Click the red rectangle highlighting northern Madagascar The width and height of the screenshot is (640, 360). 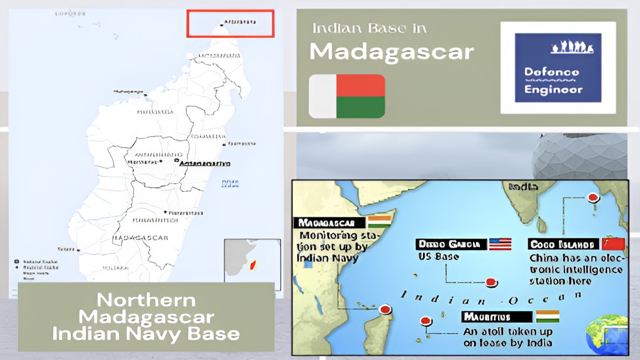(x=230, y=24)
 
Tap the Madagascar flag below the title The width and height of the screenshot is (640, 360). (x=347, y=96)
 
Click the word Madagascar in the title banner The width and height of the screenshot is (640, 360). (x=391, y=52)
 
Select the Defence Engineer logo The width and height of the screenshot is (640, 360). (x=558, y=68)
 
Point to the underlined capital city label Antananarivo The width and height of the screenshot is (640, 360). (x=205, y=163)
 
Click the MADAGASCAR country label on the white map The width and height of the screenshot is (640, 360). (x=141, y=237)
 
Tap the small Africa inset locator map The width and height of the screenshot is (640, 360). (x=252, y=264)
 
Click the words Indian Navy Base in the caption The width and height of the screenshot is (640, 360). (x=146, y=334)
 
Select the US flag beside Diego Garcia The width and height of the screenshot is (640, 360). (x=500, y=244)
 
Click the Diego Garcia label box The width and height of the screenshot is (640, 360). (x=450, y=244)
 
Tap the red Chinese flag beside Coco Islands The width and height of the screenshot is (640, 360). (x=614, y=244)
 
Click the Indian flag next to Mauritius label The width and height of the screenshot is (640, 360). (x=547, y=316)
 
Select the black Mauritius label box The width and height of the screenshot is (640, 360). (x=496, y=316)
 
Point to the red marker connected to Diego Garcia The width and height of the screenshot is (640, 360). (x=491, y=283)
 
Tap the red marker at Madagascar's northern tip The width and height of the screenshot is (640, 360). (x=384, y=309)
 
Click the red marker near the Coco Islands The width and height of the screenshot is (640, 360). (x=593, y=198)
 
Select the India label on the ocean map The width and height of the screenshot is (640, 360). (x=523, y=187)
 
